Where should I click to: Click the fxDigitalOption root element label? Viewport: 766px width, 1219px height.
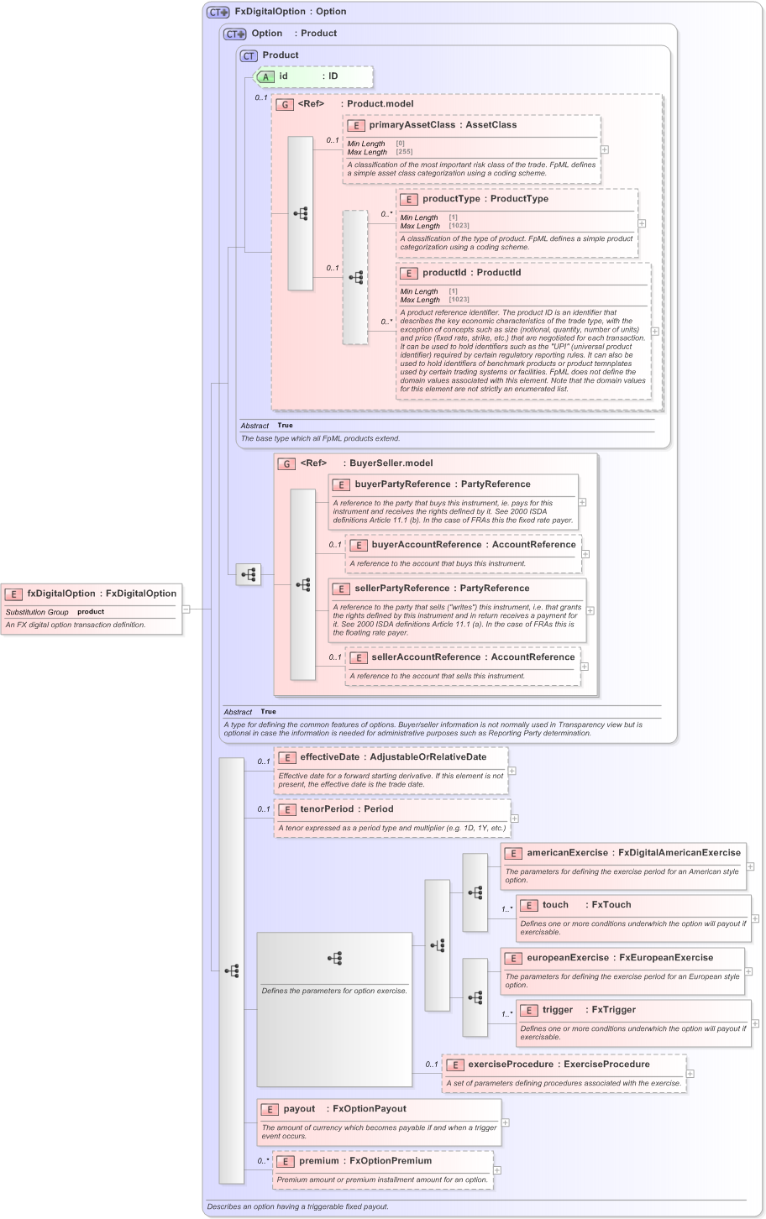tap(60, 594)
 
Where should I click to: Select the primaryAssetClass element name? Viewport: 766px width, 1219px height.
tap(412, 125)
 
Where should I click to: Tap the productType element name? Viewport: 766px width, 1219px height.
tap(451, 199)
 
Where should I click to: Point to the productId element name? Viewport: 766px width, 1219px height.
tap(448, 273)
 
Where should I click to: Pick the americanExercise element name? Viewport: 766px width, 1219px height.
tap(567, 853)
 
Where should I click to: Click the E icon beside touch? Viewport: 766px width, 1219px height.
tap(528, 905)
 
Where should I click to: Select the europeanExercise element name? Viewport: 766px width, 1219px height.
tap(567, 958)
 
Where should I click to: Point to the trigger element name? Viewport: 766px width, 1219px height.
tap(558, 1010)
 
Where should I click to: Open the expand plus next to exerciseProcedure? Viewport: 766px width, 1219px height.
tap(690, 1073)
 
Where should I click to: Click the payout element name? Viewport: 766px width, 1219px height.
tap(299, 1109)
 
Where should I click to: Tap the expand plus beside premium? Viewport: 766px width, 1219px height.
tap(497, 1169)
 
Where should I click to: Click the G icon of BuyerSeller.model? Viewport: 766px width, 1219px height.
tap(286, 463)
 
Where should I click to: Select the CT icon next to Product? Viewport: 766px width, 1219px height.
tap(249, 55)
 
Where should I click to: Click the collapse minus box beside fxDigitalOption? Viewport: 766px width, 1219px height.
tap(186, 609)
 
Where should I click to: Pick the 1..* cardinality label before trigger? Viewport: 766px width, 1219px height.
tap(507, 1014)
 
